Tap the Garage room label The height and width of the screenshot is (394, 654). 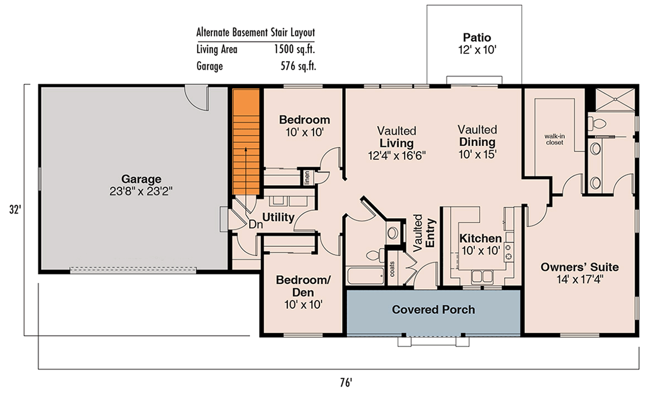coord(141,179)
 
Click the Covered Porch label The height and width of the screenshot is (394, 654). coord(433,310)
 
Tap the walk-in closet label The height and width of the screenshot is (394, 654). coord(554,139)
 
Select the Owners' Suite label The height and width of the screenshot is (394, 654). coord(579,267)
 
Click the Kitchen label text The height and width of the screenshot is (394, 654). coord(480,239)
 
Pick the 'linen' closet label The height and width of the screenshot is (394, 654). coord(307,178)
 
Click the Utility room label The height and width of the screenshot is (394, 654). coord(278,217)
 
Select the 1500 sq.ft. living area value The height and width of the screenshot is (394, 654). coord(295,50)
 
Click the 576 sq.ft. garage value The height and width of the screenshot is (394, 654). coord(296,66)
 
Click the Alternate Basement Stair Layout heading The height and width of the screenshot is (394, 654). coord(256,32)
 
